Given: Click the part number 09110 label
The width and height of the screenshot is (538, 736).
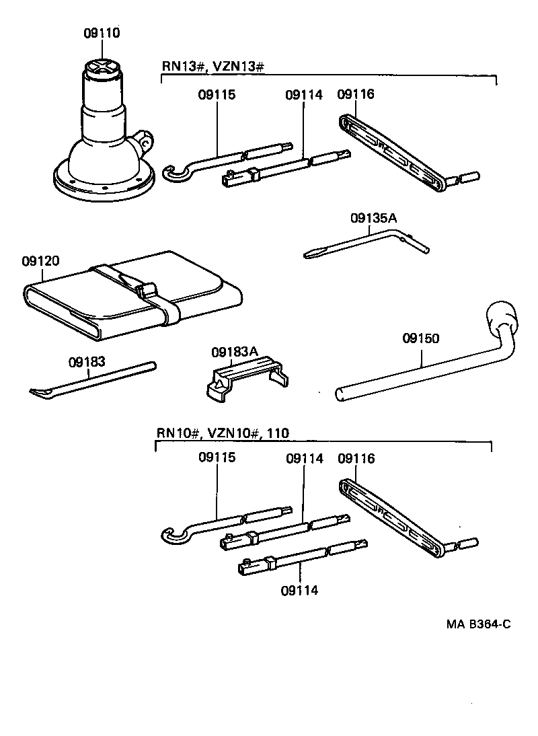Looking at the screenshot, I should (x=102, y=33).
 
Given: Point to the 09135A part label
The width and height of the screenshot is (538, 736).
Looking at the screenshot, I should (x=373, y=218).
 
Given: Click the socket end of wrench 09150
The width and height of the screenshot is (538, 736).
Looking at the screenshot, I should (x=501, y=317).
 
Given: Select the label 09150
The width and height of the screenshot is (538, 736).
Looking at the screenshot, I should (x=421, y=338).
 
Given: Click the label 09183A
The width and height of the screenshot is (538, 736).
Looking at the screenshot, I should (x=235, y=352).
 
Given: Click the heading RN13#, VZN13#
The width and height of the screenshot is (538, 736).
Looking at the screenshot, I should (x=213, y=66).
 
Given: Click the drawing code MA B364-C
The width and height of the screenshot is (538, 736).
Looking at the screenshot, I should (x=478, y=624).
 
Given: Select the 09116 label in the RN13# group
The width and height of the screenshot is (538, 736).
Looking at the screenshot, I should (x=356, y=95).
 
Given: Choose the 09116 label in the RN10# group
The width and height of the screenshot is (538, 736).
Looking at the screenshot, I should (x=356, y=459).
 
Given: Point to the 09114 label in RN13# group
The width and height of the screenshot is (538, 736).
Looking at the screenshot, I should (x=303, y=95).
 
